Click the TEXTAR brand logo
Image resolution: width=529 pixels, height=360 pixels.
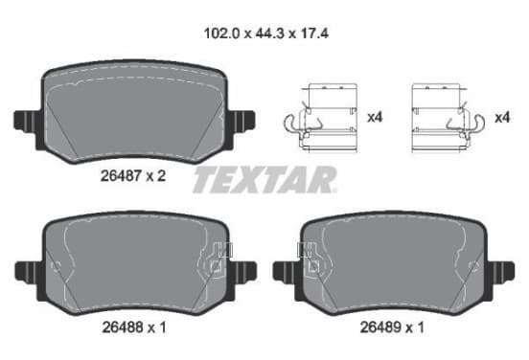coord(264,179)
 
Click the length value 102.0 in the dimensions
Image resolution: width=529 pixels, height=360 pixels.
coord(221,34)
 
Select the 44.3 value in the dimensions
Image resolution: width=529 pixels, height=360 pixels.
coord(270,34)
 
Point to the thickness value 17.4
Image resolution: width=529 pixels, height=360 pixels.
coord(313,34)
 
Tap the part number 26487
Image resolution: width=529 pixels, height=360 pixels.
coord(121,176)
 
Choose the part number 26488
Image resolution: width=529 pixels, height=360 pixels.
coord(123,327)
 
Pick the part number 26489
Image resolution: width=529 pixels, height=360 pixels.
coord(380,327)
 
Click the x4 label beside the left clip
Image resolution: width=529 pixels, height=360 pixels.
coord(375,118)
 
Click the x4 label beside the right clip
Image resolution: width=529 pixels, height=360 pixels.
coord(502,118)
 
